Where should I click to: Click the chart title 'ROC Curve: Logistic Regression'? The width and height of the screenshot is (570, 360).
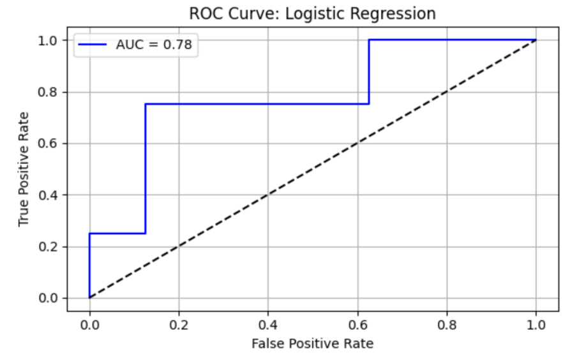click(x=312, y=13)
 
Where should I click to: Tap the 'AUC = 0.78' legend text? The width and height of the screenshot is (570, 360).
click(x=154, y=45)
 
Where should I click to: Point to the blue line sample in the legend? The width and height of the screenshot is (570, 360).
click(x=93, y=45)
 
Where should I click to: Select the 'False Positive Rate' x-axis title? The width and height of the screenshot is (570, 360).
click(x=312, y=343)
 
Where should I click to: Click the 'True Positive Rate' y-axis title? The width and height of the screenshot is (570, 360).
click(x=24, y=169)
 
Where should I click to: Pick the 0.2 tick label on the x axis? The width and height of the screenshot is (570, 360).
click(x=179, y=324)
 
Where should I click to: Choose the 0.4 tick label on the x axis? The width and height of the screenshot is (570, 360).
click(x=268, y=324)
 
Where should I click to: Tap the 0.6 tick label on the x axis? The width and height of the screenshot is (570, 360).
click(x=357, y=324)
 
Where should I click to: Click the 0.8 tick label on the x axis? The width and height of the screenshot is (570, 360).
click(x=447, y=324)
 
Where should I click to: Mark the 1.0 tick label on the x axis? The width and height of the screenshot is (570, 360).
click(x=536, y=324)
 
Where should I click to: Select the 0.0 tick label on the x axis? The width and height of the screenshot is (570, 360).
click(x=89, y=324)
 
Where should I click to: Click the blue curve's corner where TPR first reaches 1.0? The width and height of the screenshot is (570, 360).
click(x=368, y=40)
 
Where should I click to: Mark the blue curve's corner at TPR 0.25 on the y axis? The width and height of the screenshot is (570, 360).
click(x=89, y=234)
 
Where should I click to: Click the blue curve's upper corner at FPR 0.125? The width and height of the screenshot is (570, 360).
click(x=146, y=104)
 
